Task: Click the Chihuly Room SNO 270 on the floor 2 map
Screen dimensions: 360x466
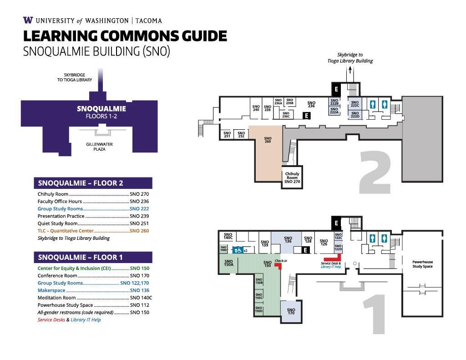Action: click(x=292, y=177)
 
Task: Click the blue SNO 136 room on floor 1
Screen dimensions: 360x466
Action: click(x=288, y=239)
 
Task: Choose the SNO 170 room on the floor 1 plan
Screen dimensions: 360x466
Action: click(x=291, y=312)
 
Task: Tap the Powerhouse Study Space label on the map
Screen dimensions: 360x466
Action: click(x=422, y=264)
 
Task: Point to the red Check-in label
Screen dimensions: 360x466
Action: click(x=281, y=261)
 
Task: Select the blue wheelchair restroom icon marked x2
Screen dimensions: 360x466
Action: click(x=238, y=250)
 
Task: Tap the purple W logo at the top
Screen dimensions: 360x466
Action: click(x=27, y=20)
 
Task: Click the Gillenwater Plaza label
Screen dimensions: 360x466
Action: click(x=100, y=147)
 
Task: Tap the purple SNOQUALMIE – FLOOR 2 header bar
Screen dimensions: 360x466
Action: click(x=93, y=183)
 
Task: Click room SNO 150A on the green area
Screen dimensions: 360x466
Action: click(x=228, y=263)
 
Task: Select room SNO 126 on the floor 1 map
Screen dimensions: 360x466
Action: click(x=324, y=243)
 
